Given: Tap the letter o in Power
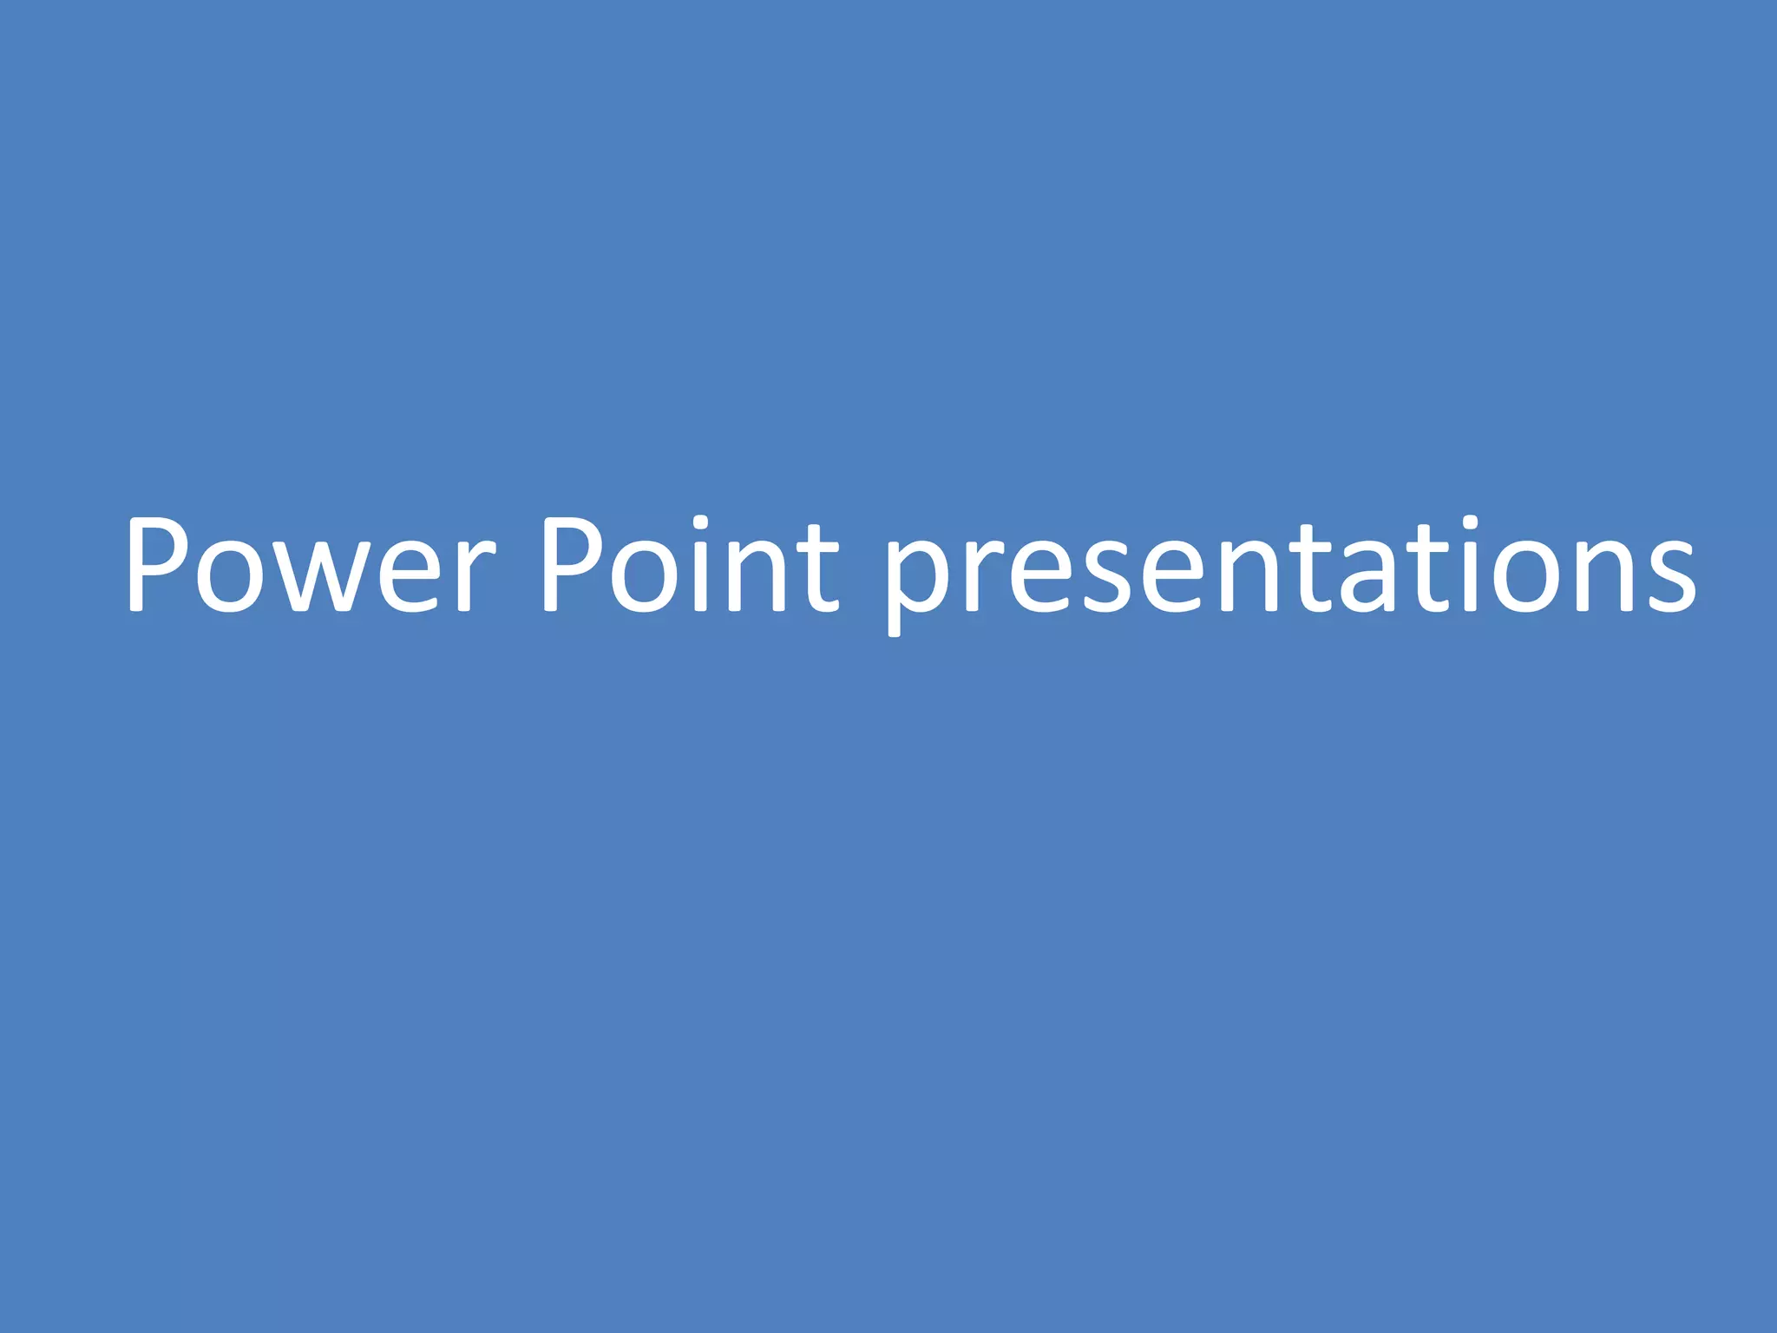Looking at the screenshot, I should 230,577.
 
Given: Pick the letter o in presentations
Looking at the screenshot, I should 1536,577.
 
